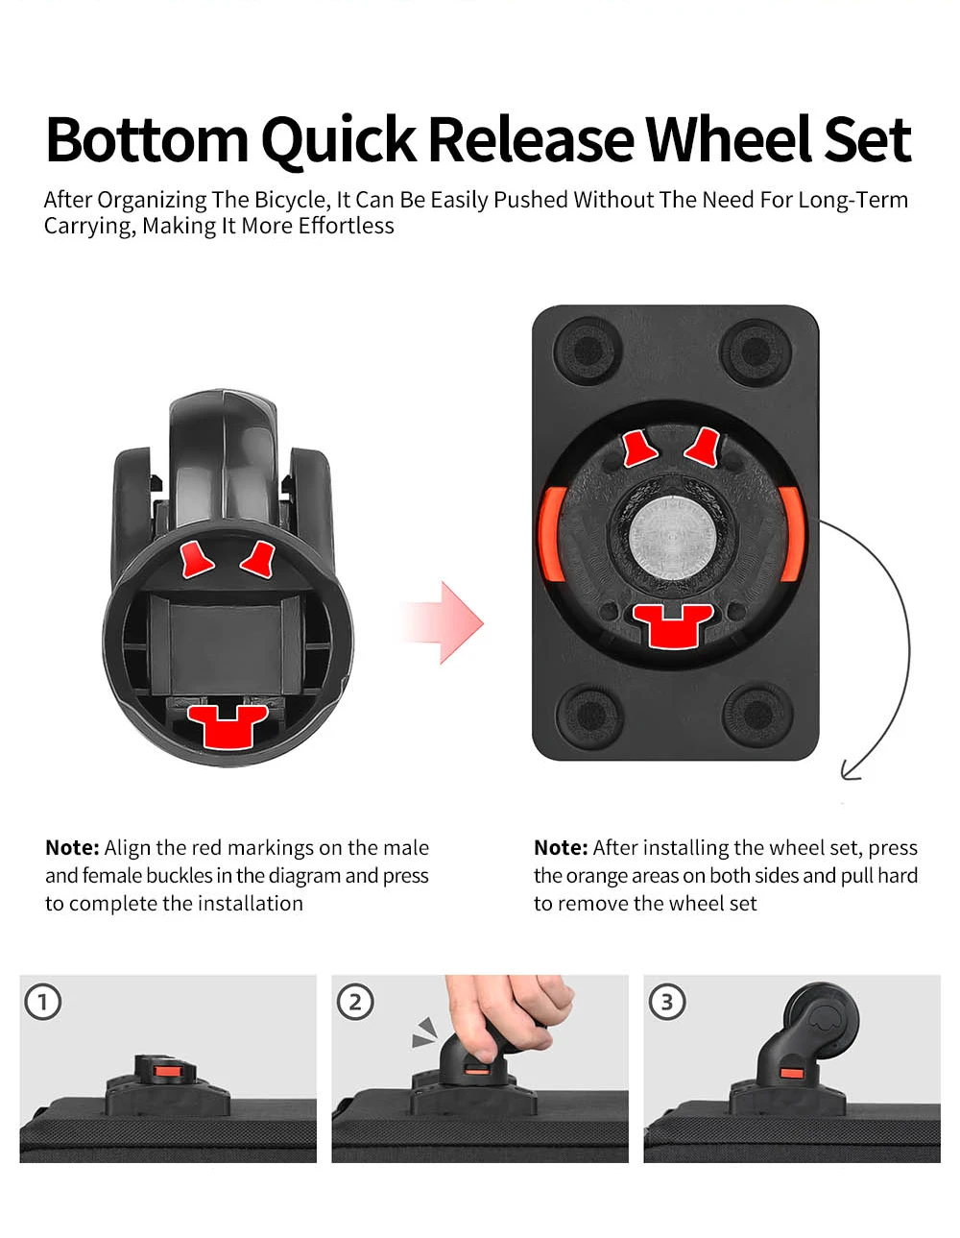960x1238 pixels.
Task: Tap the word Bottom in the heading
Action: coord(147,139)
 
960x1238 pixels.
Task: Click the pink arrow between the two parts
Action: coord(443,622)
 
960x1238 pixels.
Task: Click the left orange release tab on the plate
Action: coord(553,534)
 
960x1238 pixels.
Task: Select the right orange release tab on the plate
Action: coord(792,534)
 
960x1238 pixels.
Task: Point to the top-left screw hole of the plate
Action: coord(588,351)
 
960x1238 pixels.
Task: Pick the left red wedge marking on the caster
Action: coord(196,559)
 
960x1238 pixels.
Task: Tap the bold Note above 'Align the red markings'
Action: coord(72,848)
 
